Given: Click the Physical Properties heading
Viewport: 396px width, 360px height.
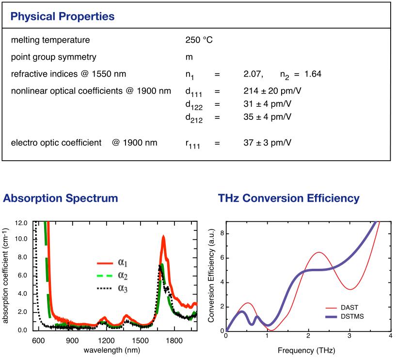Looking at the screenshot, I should pos(63,16).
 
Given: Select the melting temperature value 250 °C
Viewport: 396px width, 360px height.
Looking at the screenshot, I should pos(195,40).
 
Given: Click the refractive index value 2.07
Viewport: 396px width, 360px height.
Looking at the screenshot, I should pos(253,74).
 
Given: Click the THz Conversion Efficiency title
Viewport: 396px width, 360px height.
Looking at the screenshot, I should pos(288,198).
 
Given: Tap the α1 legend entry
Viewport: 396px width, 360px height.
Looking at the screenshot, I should pos(121,264).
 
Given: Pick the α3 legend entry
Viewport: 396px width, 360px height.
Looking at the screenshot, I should pos(121,290).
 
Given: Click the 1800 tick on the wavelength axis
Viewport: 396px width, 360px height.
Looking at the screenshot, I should pos(174,340).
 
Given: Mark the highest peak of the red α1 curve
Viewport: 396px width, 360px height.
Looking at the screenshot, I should pos(163,236).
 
